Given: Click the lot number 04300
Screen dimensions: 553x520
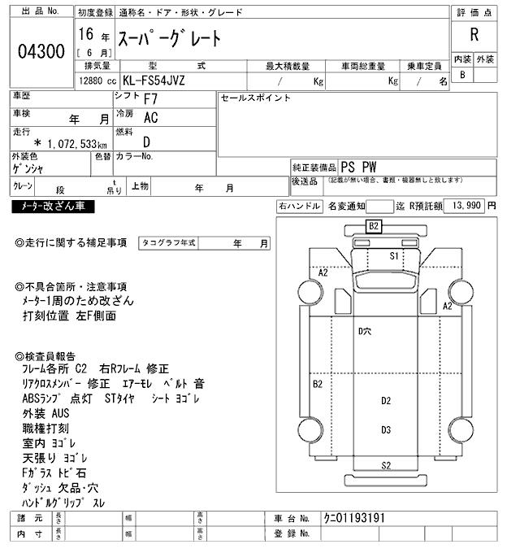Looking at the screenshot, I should click(41, 52).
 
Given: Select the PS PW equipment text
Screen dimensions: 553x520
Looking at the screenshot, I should click(358, 167).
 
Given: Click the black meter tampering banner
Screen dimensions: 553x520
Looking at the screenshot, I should click(54, 207).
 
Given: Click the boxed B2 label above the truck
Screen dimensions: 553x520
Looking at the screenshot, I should click(374, 225).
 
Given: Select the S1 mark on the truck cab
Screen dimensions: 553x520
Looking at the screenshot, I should click(394, 255).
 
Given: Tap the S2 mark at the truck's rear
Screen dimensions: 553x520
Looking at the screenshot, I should click(387, 465).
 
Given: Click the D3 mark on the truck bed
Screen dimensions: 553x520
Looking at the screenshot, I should click(386, 429).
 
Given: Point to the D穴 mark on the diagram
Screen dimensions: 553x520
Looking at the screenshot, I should click(365, 331).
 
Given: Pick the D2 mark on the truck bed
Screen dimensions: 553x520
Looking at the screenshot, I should click(386, 400).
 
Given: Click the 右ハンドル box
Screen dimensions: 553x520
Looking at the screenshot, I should click(298, 207).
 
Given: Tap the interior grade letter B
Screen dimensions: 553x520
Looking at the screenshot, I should click(463, 75).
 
